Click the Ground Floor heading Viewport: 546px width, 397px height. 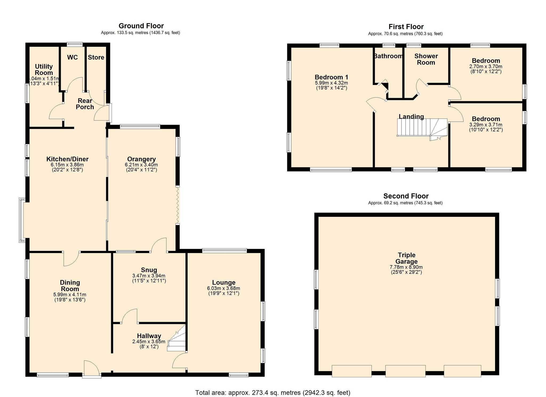point(141,26)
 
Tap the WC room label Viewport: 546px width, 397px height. point(72,57)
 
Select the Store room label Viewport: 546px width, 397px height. point(96,57)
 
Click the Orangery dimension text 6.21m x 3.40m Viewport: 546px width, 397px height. point(141,165)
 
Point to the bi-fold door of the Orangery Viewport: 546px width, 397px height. point(178,205)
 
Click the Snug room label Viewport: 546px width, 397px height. point(149,270)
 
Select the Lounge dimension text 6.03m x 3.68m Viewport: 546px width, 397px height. point(223,288)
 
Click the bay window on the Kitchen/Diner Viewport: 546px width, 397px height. point(22,220)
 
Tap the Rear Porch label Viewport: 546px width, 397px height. point(85,104)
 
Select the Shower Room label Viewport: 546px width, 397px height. point(426,59)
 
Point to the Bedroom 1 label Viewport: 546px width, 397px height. point(331,77)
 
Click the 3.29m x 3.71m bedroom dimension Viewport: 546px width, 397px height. point(486,125)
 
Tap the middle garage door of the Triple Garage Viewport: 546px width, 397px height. point(405,371)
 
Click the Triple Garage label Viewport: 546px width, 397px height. point(407,258)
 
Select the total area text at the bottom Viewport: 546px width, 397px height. point(272,392)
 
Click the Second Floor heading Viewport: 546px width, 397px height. point(406,196)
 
